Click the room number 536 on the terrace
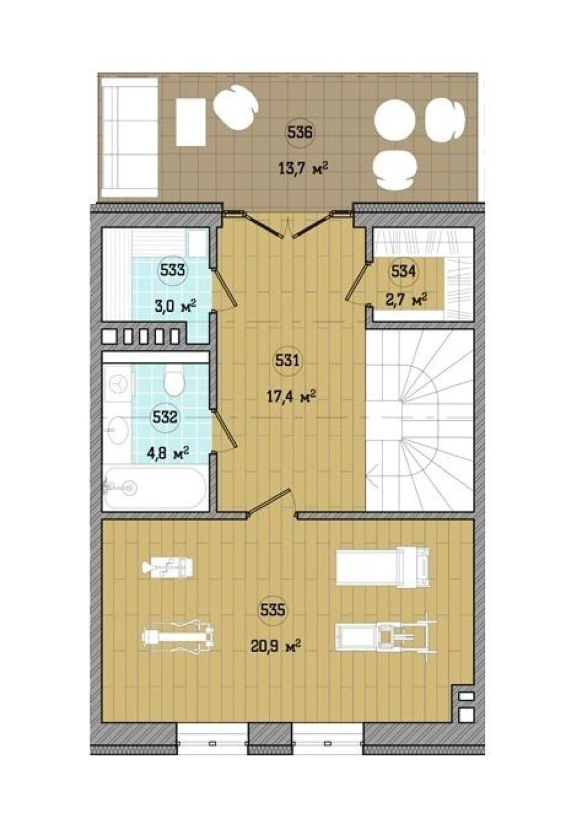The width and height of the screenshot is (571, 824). [299, 132]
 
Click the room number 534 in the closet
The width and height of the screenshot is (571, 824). [403, 272]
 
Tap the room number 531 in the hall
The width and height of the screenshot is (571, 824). [288, 361]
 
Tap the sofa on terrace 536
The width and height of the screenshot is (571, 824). [128, 137]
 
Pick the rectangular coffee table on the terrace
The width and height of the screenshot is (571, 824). [191, 123]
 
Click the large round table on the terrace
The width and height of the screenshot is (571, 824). [395, 120]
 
